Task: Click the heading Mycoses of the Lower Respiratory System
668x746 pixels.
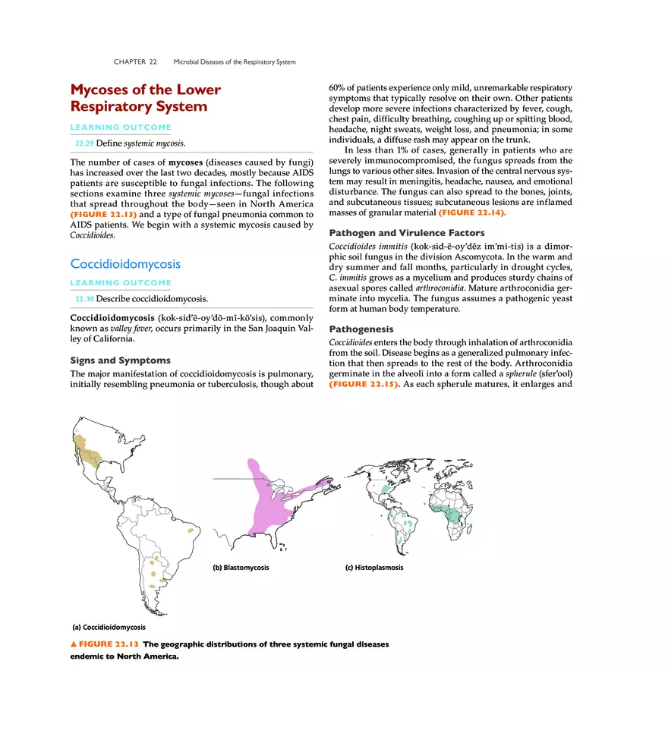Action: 145,98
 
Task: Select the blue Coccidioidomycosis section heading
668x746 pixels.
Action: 125,264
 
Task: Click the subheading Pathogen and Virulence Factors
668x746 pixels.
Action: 406,233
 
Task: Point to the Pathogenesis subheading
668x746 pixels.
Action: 361,329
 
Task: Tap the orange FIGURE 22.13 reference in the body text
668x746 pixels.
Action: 103,214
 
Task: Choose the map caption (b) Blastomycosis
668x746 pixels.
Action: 241,568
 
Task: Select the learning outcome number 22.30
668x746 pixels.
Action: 84,299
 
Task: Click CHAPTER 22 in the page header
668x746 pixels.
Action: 135,61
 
